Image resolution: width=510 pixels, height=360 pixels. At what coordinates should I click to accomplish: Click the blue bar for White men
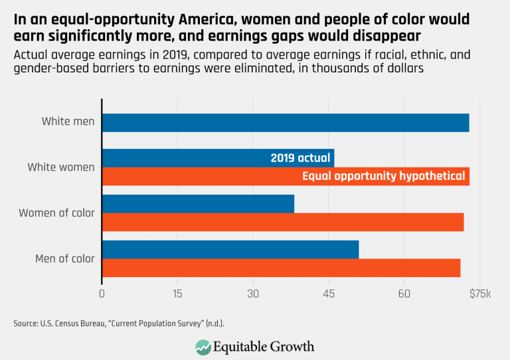tap(286, 123)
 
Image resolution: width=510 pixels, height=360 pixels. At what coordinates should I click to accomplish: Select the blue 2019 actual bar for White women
tap(186, 158)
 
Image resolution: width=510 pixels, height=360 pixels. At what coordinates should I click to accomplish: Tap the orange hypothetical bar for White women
tap(199, 177)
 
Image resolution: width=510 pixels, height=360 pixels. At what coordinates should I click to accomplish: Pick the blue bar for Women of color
tap(198, 204)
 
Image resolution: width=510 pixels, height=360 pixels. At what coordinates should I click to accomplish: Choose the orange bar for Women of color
tap(283, 223)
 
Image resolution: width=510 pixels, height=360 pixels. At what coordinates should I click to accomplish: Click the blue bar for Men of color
tap(230, 250)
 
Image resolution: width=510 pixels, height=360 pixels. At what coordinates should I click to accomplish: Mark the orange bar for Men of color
tap(281, 268)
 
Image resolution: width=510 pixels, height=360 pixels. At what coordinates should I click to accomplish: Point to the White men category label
tap(68, 122)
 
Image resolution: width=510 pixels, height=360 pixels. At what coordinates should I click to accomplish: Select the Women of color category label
tap(56, 213)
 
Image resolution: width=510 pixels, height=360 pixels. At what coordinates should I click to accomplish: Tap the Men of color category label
tap(64, 259)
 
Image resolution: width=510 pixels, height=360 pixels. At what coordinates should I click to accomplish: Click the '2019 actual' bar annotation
tap(300, 158)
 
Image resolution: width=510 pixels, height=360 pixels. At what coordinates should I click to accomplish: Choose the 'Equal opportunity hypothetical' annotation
tap(383, 177)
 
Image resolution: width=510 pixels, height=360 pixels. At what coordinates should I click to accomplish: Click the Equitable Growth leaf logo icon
tap(203, 347)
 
